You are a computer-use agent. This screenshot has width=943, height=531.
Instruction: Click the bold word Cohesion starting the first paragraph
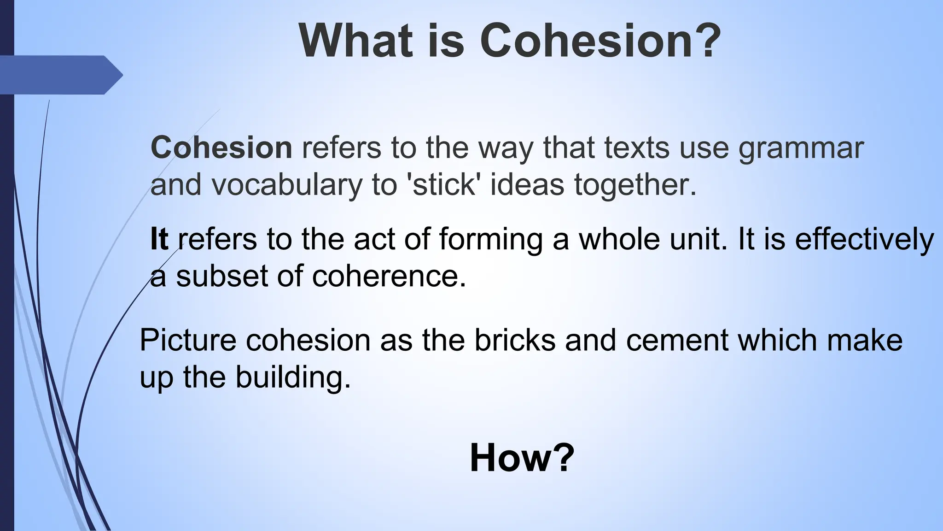tap(221, 148)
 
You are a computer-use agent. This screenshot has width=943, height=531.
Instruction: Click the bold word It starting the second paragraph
tap(159, 239)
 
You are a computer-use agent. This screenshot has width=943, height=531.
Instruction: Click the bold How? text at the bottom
tap(522, 458)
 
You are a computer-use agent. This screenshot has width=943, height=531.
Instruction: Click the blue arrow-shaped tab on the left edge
tap(60, 75)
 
